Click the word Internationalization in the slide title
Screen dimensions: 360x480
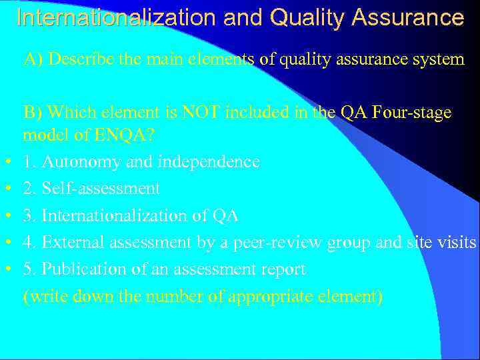coord(116,17)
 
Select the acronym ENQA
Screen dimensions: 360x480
coord(125,135)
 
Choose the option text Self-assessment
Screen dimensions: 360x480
coord(101,189)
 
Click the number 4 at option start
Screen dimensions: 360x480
coord(27,243)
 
